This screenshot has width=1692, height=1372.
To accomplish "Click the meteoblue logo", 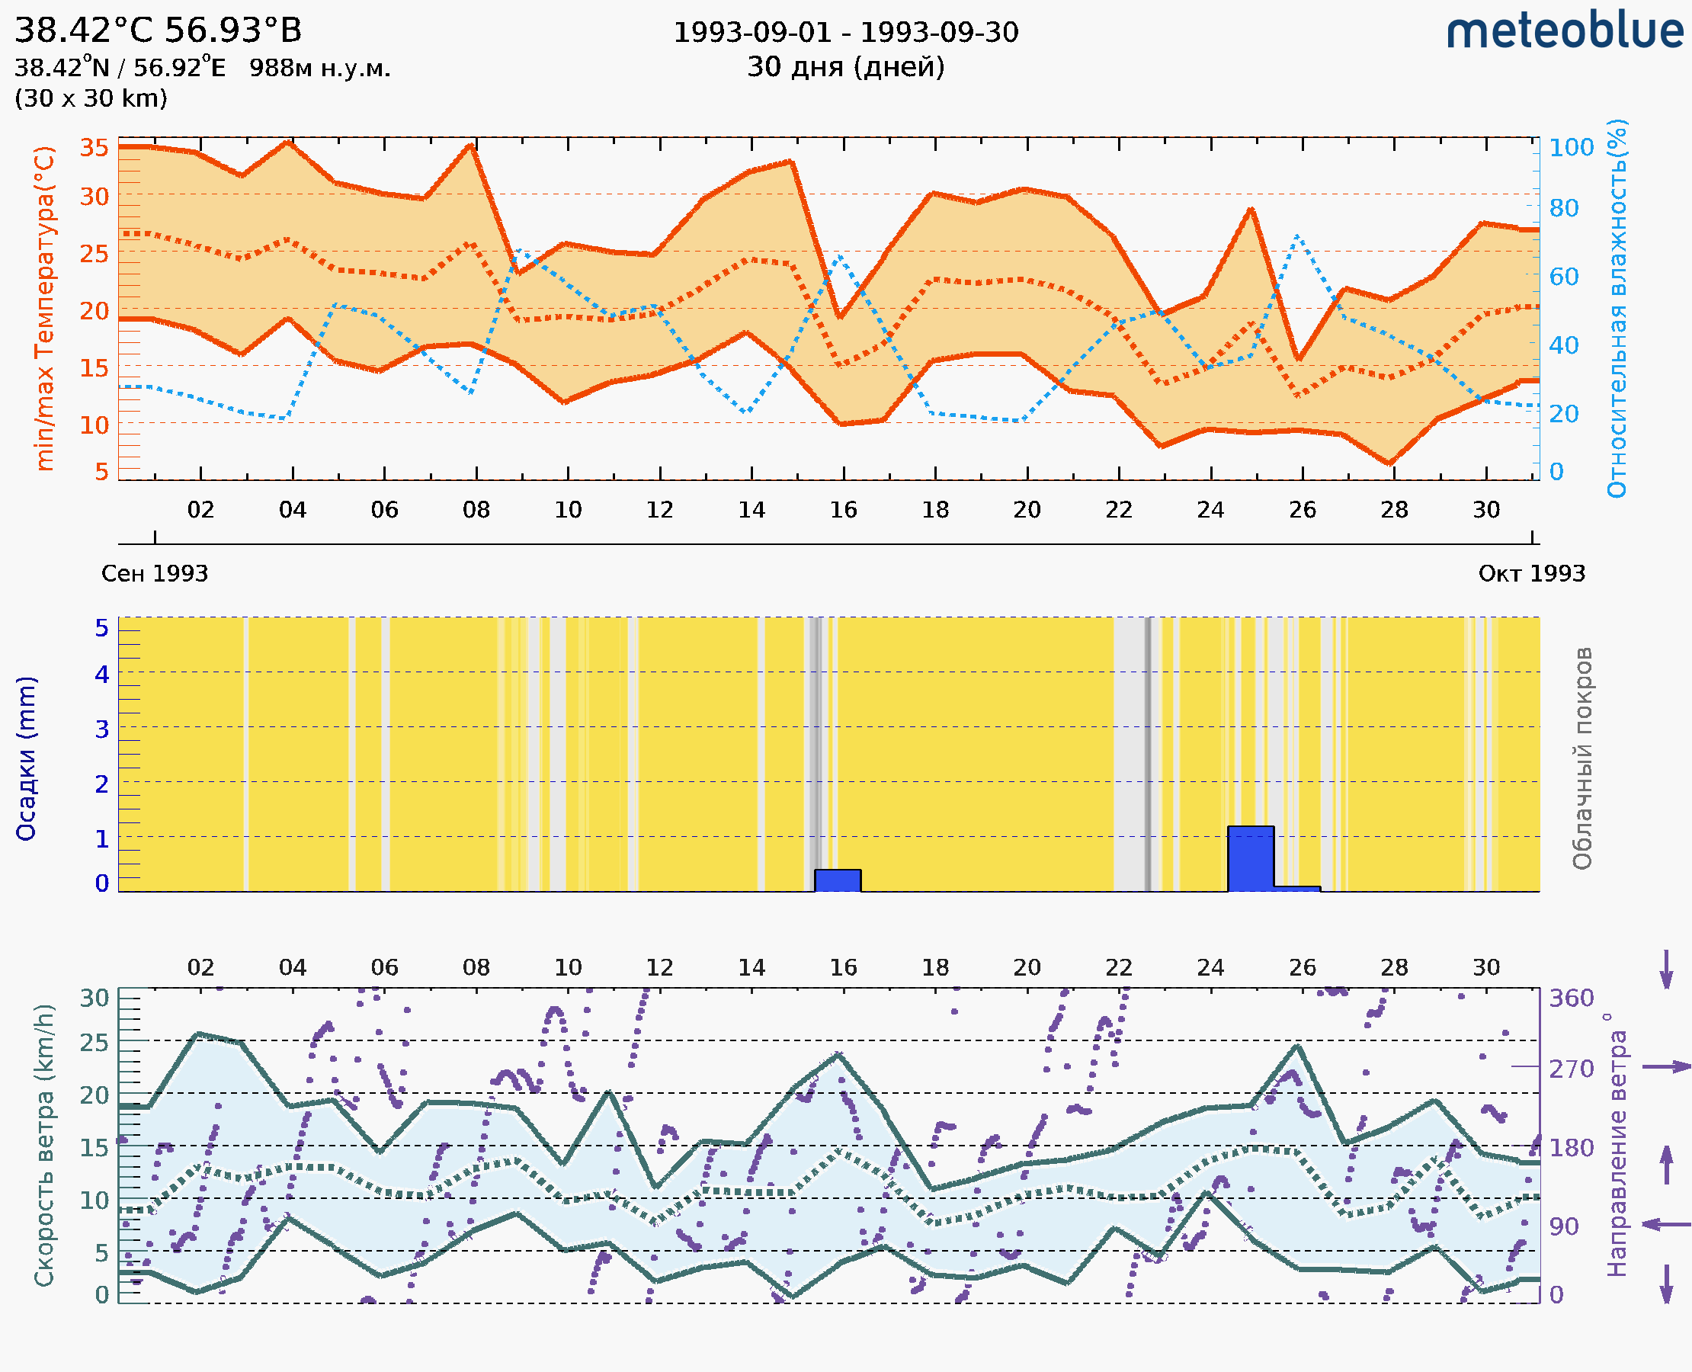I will [1565, 31].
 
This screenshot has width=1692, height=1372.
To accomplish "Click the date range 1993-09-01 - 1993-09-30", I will [845, 33].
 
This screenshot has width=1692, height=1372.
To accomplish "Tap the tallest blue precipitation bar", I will [1250, 858].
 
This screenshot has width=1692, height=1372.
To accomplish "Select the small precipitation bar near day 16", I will [838, 880].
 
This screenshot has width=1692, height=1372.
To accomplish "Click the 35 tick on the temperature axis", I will [94, 148].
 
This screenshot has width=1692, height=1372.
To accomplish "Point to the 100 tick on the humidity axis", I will [1571, 148].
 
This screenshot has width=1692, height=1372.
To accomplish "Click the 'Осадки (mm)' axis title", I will [26, 758].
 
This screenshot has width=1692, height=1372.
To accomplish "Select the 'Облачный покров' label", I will [1582, 758].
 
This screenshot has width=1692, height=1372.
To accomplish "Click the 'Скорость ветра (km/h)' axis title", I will [44, 1146].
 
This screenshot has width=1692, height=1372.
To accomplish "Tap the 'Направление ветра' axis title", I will [1617, 1146].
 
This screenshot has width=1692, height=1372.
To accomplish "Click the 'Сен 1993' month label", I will [155, 574].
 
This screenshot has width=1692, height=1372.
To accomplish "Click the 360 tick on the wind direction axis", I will [1571, 999].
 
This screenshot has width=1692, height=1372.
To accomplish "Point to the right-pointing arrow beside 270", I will [1666, 1067].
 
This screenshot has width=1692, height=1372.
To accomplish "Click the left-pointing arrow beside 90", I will [1666, 1224].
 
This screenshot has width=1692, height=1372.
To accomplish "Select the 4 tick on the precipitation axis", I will [102, 674].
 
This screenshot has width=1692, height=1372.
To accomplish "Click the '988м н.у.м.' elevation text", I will [319, 69].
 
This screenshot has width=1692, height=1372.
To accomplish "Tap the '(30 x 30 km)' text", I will [91, 99].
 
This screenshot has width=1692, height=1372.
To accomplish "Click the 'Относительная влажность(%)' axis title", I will [1617, 308].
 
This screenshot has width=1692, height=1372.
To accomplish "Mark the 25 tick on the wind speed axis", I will [94, 1043].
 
